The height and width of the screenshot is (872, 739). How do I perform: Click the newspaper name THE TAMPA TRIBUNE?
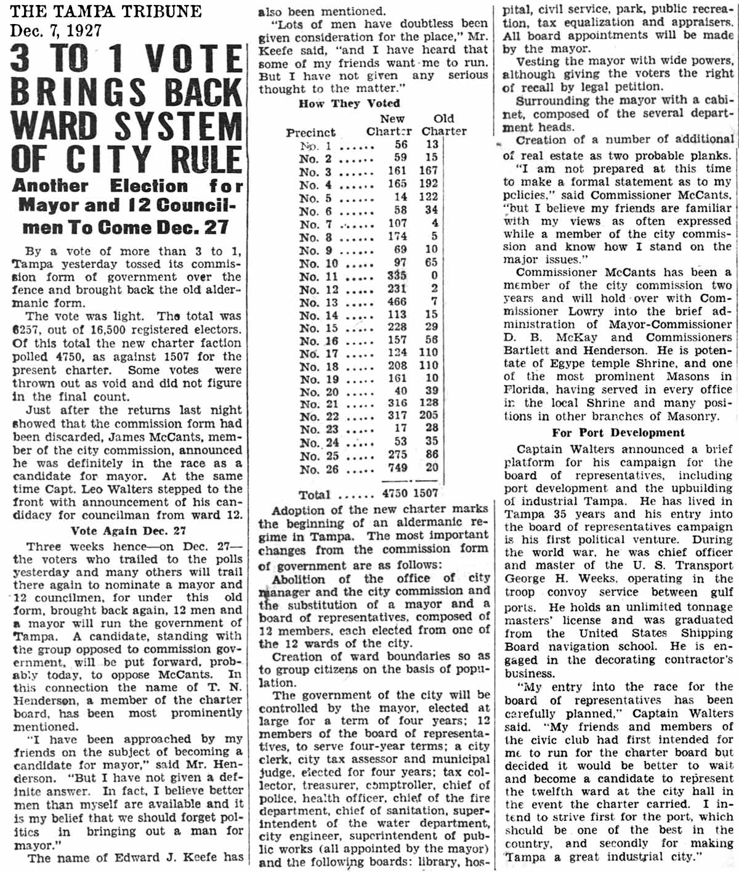[106, 12]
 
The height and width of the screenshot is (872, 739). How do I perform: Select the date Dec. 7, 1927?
[56, 30]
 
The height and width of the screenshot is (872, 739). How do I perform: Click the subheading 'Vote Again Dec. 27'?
[128, 531]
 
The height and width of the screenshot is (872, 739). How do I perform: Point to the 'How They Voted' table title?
[349, 104]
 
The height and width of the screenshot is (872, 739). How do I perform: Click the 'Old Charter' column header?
[444, 124]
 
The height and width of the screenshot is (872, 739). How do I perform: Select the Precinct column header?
[311, 132]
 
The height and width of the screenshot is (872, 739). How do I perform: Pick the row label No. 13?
[319, 302]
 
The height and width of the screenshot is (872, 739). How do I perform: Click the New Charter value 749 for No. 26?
[398, 468]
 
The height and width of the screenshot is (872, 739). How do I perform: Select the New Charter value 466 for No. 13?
[397, 302]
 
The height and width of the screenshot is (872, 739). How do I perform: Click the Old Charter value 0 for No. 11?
[435, 276]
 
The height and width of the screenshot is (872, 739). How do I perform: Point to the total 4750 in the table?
[395, 493]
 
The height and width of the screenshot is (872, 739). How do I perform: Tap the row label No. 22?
[319, 416]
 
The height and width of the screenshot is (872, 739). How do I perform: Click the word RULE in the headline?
[206, 159]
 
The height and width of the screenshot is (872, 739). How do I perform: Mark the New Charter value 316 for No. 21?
[397, 403]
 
